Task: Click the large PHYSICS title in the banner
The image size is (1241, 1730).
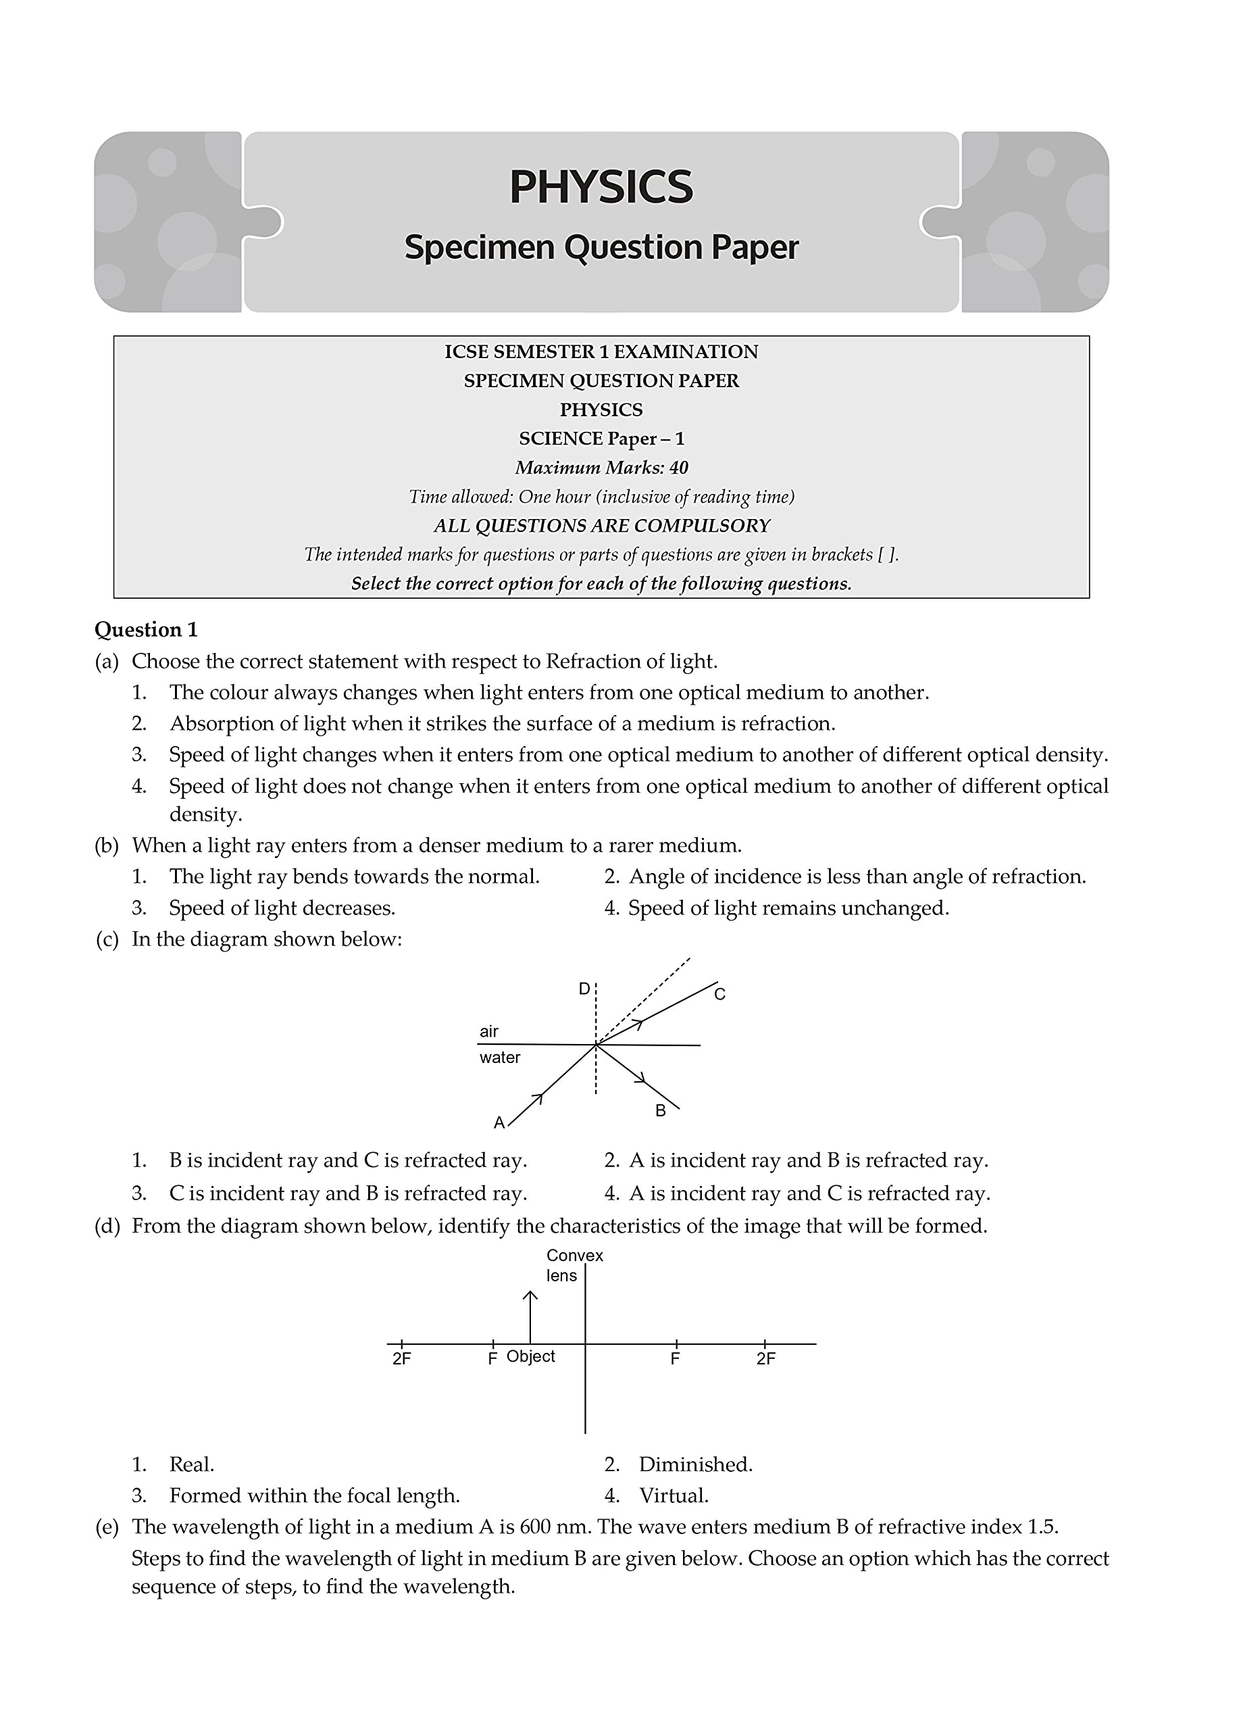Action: (601, 187)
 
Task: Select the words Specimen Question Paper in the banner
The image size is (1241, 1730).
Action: (601, 247)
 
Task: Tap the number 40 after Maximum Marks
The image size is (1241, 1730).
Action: (678, 468)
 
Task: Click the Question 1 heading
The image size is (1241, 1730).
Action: (146, 629)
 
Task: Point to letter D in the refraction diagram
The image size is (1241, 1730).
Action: (584, 989)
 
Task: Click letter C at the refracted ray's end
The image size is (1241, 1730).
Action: (719, 994)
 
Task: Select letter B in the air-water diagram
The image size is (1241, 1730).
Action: (661, 1110)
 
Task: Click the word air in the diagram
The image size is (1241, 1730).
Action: (489, 1031)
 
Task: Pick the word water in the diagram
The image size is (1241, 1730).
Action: (500, 1057)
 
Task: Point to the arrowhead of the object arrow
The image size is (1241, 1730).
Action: (530, 1294)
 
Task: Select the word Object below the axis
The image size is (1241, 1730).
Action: (530, 1356)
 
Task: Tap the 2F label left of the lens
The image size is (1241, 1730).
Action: (401, 1358)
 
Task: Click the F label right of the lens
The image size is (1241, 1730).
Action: (675, 1358)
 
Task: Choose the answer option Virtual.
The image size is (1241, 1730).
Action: (674, 1495)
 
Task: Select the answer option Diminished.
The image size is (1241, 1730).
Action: (695, 1464)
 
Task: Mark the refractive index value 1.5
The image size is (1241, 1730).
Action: (1042, 1527)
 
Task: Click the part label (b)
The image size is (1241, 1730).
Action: (107, 845)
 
